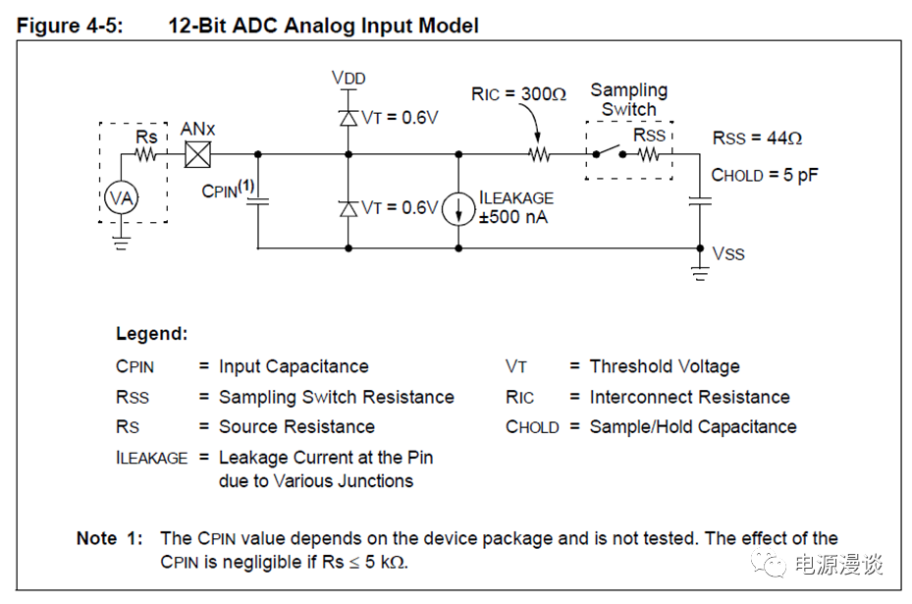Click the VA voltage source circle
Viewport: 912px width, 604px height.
[120, 198]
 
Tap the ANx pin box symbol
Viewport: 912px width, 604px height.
[199, 154]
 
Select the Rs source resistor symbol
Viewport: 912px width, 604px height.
[147, 154]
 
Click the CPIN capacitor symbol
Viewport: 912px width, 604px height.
[258, 202]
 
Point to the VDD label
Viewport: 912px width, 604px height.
[349, 78]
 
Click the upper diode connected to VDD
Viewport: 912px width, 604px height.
[348, 118]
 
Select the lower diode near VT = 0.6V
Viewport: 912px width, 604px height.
[348, 208]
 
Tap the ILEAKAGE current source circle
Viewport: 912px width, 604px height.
[458, 208]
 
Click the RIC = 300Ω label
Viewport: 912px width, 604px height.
[518, 94]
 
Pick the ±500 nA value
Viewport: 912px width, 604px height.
[513, 217]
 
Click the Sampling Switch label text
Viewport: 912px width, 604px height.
[628, 99]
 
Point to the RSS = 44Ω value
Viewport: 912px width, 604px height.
[757, 138]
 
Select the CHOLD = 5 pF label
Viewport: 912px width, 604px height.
[765, 176]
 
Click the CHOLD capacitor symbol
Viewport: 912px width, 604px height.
[699, 202]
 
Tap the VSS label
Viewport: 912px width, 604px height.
[728, 254]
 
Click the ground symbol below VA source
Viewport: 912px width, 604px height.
[120, 242]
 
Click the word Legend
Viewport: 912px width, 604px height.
[151, 334]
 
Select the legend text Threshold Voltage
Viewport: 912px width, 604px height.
[665, 366]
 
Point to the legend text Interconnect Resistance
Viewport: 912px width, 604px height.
[689, 397]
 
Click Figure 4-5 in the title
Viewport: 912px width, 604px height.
[70, 26]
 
